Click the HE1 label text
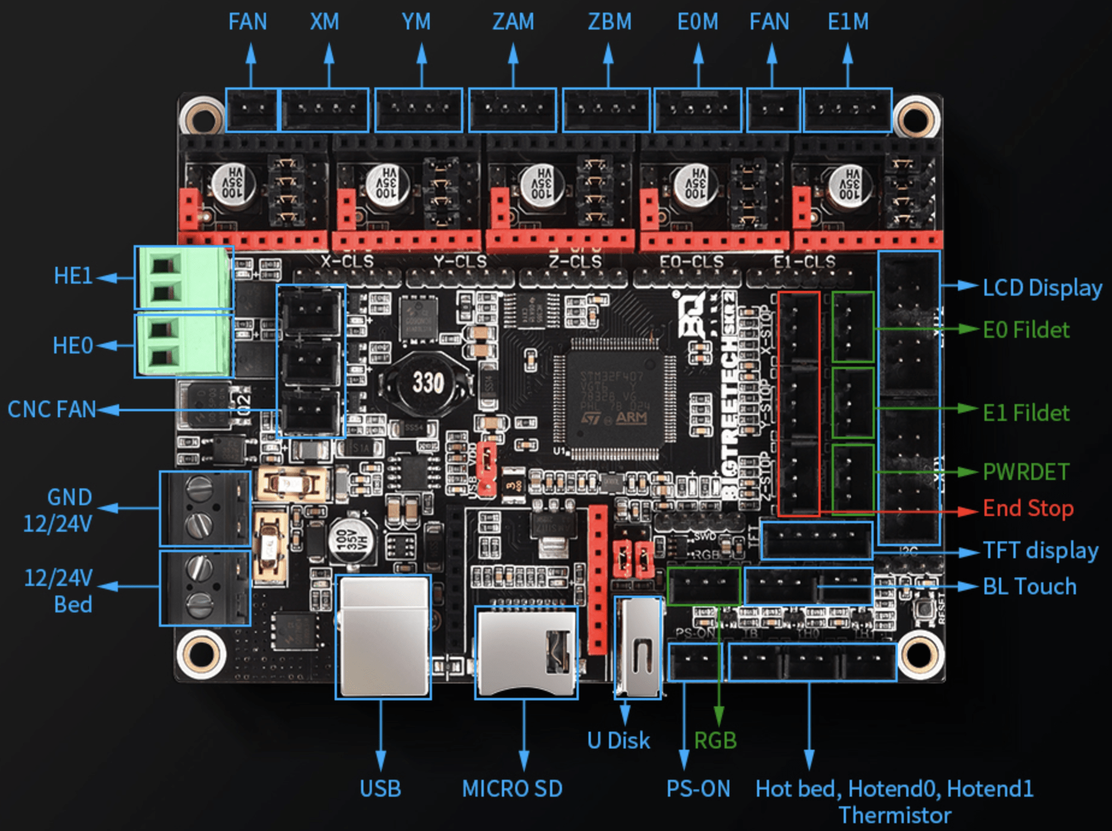click(x=73, y=276)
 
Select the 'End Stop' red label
click(x=1028, y=509)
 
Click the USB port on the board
click(x=383, y=637)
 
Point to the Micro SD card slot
click(x=527, y=652)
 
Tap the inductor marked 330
click(x=428, y=383)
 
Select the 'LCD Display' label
click(x=1042, y=288)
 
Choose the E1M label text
click(x=848, y=22)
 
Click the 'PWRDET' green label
click(x=1026, y=472)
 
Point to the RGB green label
click(x=715, y=741)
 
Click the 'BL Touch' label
click(x=1030, y=587)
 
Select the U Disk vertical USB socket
click(x=638, y=647)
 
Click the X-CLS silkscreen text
click(x=347, y=262)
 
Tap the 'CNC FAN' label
click(x=52, y=409)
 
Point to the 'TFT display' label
click(x=1040, y=550)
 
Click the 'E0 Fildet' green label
click(x=1026, y=330)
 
